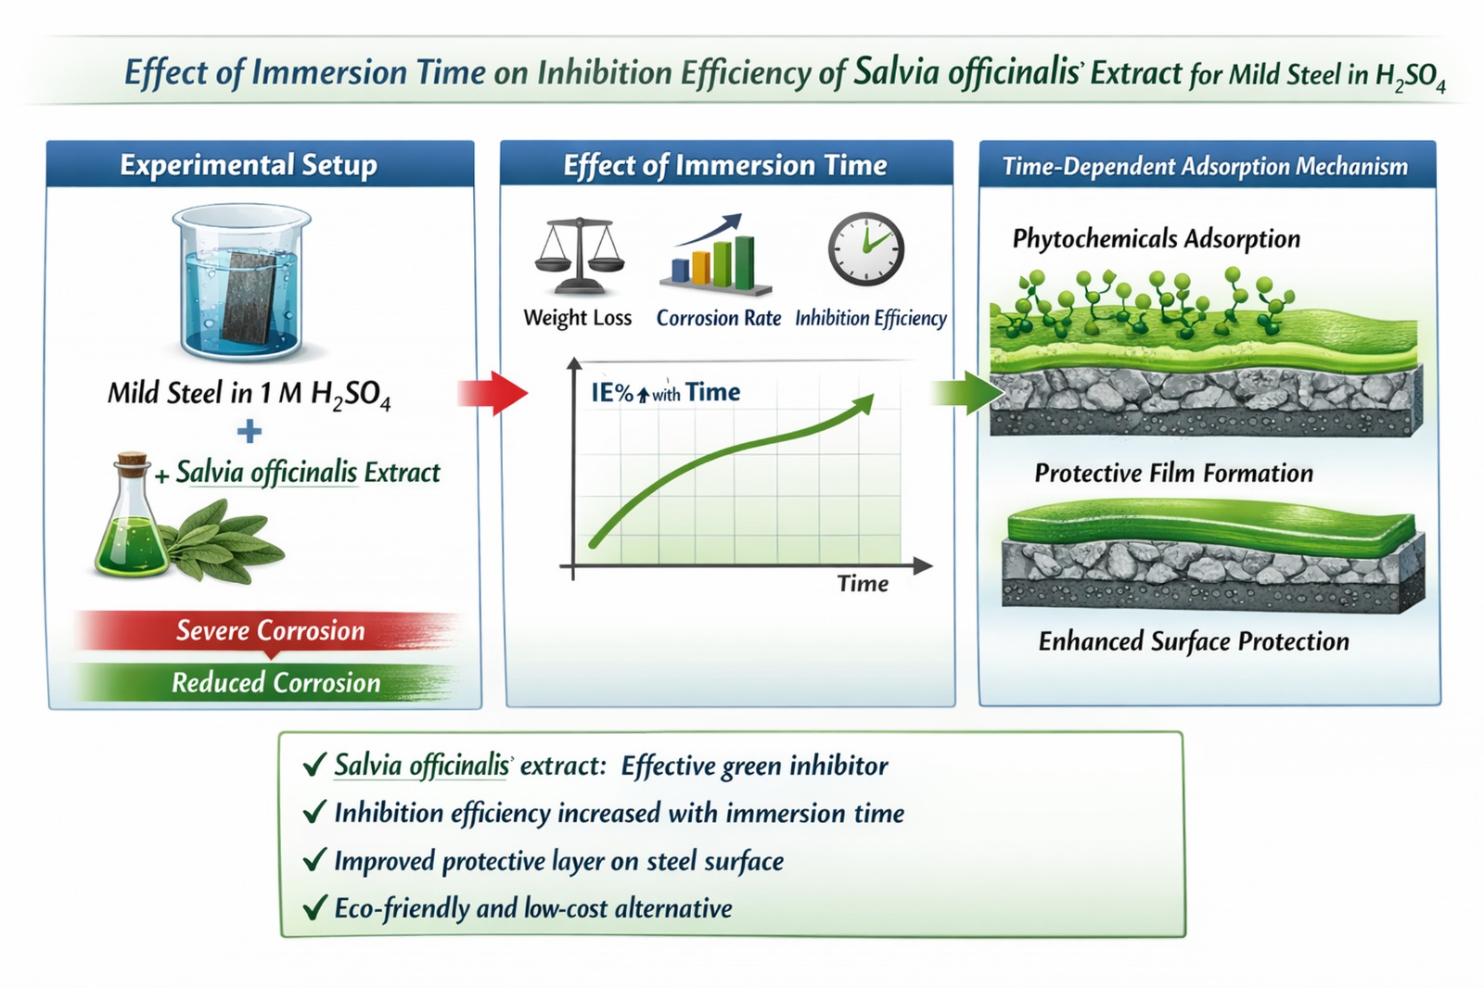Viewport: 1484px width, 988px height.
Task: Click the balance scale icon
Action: tap(580, 255)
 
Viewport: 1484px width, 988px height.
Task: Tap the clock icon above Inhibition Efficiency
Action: tap(866, 249)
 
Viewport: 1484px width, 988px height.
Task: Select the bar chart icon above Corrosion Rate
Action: tap(716, 255)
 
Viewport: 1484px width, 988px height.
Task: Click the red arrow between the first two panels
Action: tap(493, 393)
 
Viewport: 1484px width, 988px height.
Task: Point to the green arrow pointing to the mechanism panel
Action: tap(967, 393)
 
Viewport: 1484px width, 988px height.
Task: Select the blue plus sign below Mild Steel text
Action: tap(249, 432)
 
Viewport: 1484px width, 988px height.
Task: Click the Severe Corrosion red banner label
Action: tap(270, 630)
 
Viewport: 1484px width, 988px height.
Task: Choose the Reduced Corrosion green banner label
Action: tap(275, 683)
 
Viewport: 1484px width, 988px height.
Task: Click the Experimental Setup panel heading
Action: tap(249, 164)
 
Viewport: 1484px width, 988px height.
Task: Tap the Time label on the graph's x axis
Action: tap(863, 583)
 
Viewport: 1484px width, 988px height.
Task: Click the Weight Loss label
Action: tap(577, 318)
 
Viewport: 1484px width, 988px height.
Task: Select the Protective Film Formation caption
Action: tap(1173, 474)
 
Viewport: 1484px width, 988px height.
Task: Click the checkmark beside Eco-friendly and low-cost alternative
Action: tap(314, 907)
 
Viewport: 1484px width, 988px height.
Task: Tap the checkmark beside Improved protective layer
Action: tap(314, 859)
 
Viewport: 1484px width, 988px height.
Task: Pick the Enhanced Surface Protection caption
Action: tap(1193, 641)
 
